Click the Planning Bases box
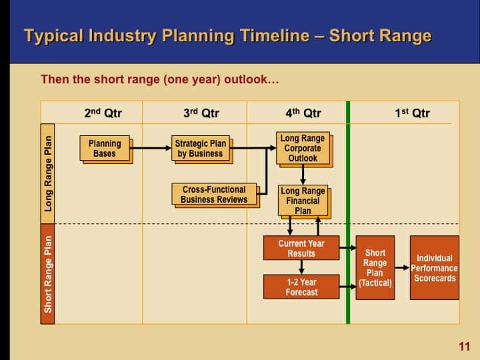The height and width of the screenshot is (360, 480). pyautogui.click(x=105, y=149)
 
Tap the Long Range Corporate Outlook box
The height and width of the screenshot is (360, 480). pyautogui.click(x=302, y=149)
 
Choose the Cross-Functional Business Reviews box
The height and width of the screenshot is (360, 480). pyautogui.click(x=214, y=195)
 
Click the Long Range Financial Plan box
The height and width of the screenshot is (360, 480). pyautogui.click(x=302, y=201)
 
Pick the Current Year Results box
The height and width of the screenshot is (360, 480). pyautogui.click(x=301, y=249)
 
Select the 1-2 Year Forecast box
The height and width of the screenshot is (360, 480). pyautogui.click(x=301, y=287)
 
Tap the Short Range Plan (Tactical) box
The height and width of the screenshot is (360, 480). pyautogui.click(x=375, y=267)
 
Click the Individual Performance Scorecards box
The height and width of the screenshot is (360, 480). pyautogui.click(x=434, y=267)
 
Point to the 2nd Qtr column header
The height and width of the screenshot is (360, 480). pyautogui.click(x=103, y=113)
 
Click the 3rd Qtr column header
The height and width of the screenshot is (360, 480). pyautogui.click(x=201, y=113)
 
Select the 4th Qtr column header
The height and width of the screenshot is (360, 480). pyautogui.click(x=303, y=113)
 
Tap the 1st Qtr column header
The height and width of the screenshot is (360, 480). pyautogui.click(x=412, y=113)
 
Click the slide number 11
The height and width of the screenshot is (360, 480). pyautogui.click(x=464, y=346)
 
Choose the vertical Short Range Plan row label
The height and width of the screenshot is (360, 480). pyautogui.click(x=48, y=274)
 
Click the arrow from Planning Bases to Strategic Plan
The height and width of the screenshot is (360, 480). pyautogui.click(x=151, y=149)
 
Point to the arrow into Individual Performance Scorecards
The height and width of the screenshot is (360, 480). pyautogui.click(x=402, y=267)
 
